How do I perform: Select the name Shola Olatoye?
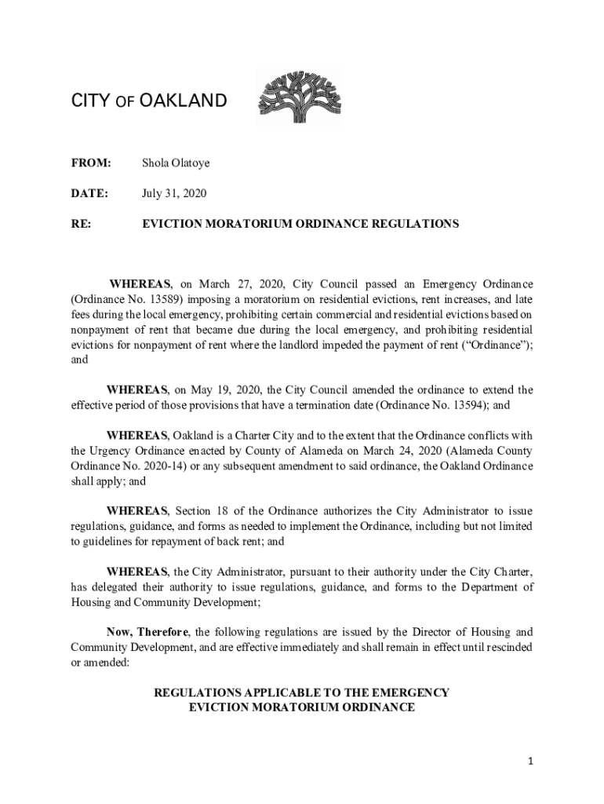tap(175, 163)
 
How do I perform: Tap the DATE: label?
tap(89, 193)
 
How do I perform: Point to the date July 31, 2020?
tap(174, 193)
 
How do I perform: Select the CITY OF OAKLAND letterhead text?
tap(149, 101)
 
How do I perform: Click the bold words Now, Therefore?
tap(147, 632)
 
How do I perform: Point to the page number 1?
tap(530, 761)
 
